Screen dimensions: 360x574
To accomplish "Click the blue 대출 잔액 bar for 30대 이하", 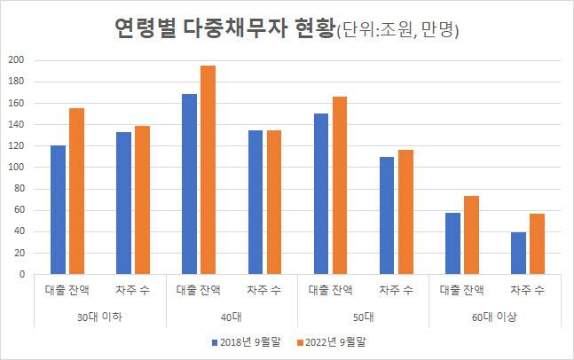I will [59, 209].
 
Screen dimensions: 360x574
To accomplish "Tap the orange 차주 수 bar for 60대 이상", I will [536, 244].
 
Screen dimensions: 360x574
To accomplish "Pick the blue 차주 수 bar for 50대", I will [387, 215].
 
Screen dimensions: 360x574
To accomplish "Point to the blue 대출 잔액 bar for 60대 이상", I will [453, 243].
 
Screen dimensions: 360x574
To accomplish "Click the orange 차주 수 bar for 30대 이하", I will [142, 200].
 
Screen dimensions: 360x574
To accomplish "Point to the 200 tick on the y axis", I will [15, 60].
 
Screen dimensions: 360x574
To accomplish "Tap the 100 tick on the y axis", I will [15, 168].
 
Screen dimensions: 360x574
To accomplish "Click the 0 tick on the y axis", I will [20, 274].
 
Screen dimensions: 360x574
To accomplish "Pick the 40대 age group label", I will [232, 316].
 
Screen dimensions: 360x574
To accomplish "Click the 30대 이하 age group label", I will [100, 316].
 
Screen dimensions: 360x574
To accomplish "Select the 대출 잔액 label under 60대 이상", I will [461, 290].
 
